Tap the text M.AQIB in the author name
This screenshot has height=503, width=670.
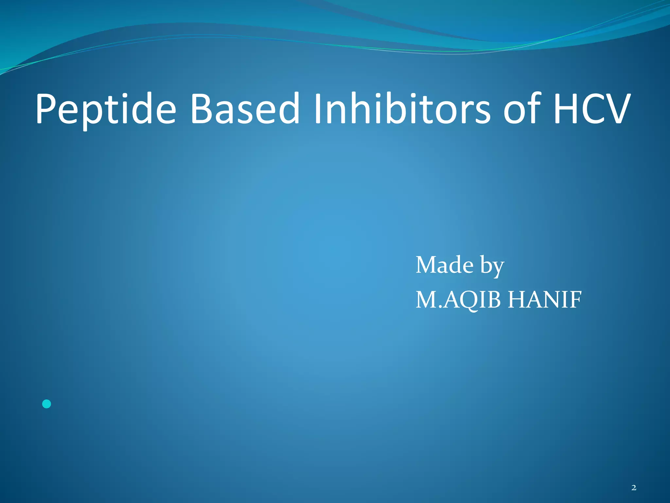pyautogui.click(x=458, y=300)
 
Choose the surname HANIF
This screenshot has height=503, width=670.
pyautogui.click(x=545, y=300)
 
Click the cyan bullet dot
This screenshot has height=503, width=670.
pyautogui.click(x=47, y=404)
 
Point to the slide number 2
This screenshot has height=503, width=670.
pyautogui.click(x=634, y=488)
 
